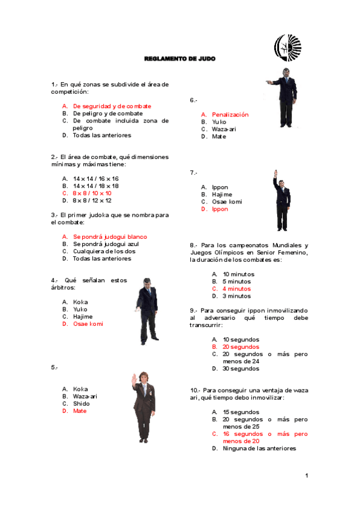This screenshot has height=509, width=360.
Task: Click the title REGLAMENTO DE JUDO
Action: [179, 59]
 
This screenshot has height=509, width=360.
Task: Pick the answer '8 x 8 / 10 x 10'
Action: [92, 193]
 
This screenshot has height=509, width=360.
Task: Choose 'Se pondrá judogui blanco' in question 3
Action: [110, 237]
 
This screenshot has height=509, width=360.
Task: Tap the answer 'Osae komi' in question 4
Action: [88, 324]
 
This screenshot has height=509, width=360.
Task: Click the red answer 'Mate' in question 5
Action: [80, 411]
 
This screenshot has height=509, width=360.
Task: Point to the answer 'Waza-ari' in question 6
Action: [223, 129]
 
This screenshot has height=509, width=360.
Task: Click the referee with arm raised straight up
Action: [282, 200]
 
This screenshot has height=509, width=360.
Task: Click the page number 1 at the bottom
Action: [306, 476]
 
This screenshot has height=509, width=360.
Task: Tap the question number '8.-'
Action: [194, 245]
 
